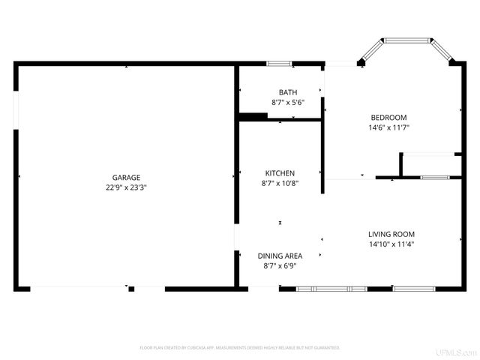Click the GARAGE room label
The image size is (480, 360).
[x=126, y=178]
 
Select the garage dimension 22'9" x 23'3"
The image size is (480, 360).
[x=126, y=187]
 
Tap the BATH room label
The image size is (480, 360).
[x=287, y=92]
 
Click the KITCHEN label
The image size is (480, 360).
[x=279, y=173]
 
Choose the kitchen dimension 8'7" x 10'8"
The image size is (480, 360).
[x=279, y=183]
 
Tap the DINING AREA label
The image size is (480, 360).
[x=280, y=256]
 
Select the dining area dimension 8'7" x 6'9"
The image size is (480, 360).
[x=280, y=265]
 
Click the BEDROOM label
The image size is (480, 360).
[x=388, y=118]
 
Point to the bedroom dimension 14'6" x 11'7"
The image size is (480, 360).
[x=388, y=127]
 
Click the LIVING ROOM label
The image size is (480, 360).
[x=391, y=234]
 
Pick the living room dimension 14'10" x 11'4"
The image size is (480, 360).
[x=391, y=244]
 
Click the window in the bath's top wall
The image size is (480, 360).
[x=280, y=63]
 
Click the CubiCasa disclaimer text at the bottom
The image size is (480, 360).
[x=240, y=348]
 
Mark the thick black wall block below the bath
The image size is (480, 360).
[x=253, y=116]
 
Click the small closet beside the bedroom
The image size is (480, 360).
[x=431, y=165]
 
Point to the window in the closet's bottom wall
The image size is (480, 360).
[x=433, y=178]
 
